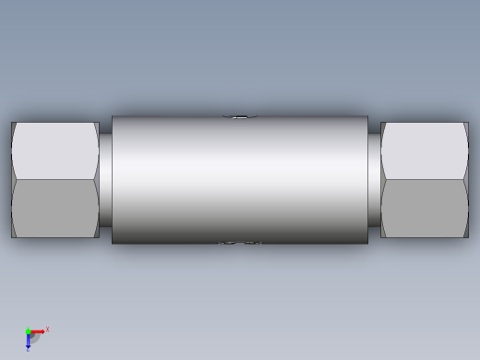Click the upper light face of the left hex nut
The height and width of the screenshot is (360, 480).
[x=55, y=150]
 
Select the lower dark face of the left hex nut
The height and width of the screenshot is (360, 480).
[x=55, y=209]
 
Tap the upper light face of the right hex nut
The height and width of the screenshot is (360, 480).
[x=425, y=150]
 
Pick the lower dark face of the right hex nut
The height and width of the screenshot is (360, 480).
[x=425, y=209]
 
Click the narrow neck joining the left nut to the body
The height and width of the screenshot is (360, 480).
[x=105, y=180]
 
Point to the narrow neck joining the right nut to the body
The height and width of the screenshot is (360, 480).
[x=374, y=180]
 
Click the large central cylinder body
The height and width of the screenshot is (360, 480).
[x=240, y=180]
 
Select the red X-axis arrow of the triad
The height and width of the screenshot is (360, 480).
[x=38, y=331]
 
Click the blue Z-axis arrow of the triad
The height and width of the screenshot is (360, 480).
[x=28, y=341]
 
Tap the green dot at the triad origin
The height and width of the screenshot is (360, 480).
[x=28, y=331]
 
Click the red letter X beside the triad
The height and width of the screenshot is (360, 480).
[x=47, y=329]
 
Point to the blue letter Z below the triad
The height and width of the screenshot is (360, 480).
[x=28, y=350]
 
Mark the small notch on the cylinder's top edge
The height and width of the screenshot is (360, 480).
[x=239, y=117]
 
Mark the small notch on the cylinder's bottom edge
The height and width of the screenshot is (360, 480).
[x=239, y=243]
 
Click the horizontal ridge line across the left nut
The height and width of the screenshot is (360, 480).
[x=55, y=179]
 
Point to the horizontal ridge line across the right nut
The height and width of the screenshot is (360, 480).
[x=425, y=179]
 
